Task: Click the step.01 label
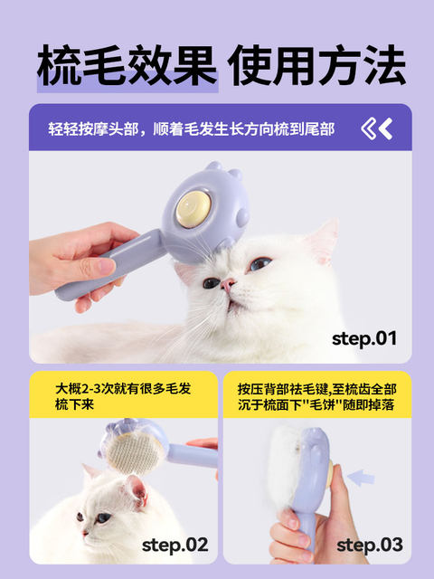click(x=364, y=338)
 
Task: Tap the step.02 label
click(x=175, y=545)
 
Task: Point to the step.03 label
click(x=370, y=545)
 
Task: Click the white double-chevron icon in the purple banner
click(x=376, y=128)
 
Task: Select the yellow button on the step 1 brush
click(x=193, y=209)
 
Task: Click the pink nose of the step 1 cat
click(x=227, y=284)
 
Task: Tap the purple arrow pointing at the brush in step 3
click(x=361, y=478)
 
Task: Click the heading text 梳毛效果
click(x=127, y=66)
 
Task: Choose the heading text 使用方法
click(x=316, y=66)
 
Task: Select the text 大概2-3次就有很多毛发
click(x=123, y=389)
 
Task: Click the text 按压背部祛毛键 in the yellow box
click(x=283, y=389)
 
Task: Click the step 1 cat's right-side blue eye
click(x=259, y=263)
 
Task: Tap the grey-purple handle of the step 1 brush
click(x=110, y=265)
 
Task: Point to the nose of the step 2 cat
click(x=85, y=533)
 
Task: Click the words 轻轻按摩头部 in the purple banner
click(x=93, y=129)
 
